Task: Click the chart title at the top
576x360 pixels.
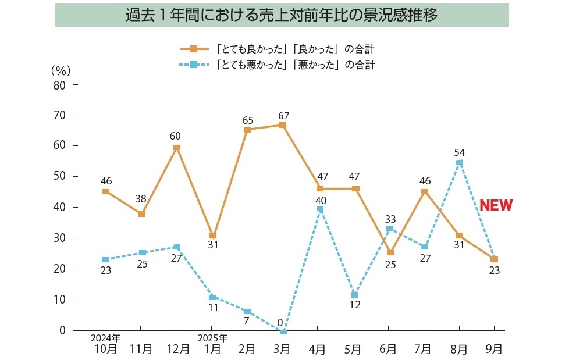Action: (x=282, y=15)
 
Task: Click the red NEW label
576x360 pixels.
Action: (x=496, y=205)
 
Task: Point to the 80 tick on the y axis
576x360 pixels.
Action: (x=60, y=85)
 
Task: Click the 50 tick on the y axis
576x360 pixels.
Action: (x=60, y=177)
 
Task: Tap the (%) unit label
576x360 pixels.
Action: (x=61, y=70)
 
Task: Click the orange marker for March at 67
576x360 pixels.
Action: (x=283, y=125)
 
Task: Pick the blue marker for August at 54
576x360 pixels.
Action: (x=459, y=163)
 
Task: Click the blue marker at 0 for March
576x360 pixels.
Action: (x=283, y=332)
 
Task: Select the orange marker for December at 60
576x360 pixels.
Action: (x=177, y=148)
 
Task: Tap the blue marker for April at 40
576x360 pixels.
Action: (x=320, y=209)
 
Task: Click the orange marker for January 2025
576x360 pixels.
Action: (x=212, y=236)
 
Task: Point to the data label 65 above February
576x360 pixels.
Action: (x=248, y=120)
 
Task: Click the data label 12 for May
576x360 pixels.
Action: (x=355, y=305)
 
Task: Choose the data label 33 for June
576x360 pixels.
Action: (x=390, y=220)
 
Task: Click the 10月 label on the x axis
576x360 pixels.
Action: (x=105, y=349)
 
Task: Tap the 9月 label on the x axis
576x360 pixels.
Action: (x=494, y=349)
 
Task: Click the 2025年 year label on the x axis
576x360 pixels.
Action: (x=212, y=337)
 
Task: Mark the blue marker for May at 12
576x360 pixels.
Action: (x=354, y=295)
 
